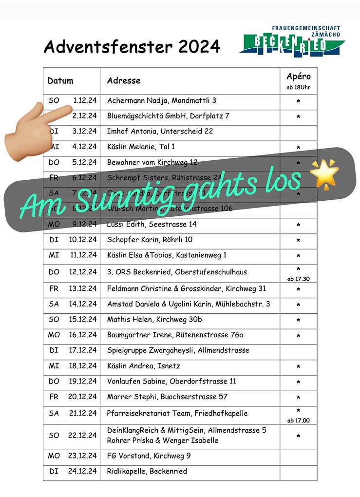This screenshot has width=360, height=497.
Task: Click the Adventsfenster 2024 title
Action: pos(132,47)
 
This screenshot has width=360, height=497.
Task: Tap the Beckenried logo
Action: pos(292,41)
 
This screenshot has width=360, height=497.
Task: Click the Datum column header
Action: pos(60,81)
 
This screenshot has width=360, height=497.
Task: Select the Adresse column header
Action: pos(124,81)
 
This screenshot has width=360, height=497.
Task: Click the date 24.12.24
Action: pos(82,471)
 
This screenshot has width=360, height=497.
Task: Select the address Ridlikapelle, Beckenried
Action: pos(147,471)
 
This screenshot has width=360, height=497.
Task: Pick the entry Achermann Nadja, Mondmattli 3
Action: pos(161,101)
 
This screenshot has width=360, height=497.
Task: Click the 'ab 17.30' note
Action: pos(298,279)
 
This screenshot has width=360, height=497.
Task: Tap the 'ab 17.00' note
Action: pos(298,421)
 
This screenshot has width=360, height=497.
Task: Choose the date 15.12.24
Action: pos(82,320)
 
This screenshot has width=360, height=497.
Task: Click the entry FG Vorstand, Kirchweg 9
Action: pos(149,456)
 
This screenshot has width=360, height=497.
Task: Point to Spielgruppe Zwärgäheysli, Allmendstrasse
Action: pos(178,350)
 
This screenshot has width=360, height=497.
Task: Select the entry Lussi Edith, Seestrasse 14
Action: pos(152,225)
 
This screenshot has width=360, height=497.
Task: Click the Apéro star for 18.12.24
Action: pos(298,366)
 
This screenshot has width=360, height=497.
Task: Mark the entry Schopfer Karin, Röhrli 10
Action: pos(150,240)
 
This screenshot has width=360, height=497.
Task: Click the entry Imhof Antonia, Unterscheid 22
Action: pos(160,131)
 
